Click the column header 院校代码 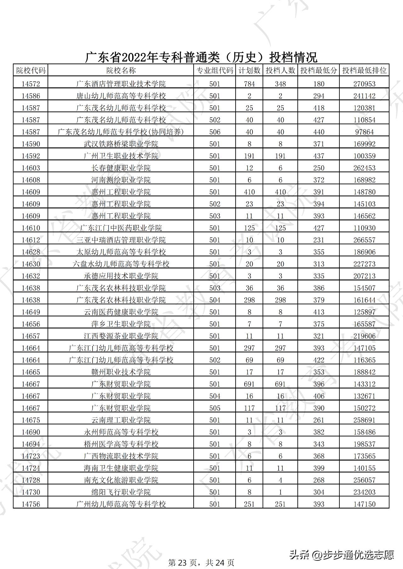pos(31,70)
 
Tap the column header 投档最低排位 pos(364,70)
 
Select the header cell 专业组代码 pos(215,70)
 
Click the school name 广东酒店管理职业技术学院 pos(121,84)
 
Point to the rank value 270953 pos(364,84)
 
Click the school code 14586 pos(31,96)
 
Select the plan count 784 pos(249,84)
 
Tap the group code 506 pos(215,132)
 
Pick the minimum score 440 pos(319,132)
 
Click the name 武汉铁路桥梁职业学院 pos(121,144)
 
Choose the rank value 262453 pos(364,168)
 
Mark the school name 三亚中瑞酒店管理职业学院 pos(121,240)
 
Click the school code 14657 pos(31,336)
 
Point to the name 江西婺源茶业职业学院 pos(121,336)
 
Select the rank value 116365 pos(364,360)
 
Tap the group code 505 pos(215,408)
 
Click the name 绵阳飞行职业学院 pos(121,492)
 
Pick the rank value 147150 pos(364,504)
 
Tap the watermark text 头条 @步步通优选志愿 pos(342,555)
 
